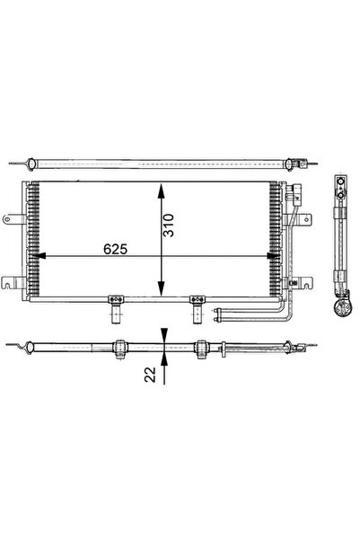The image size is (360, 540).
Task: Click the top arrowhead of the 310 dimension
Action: coord(162,189)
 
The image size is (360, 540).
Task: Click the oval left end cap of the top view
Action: coord(31,164)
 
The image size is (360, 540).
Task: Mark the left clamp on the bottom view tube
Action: coord(119,346)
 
